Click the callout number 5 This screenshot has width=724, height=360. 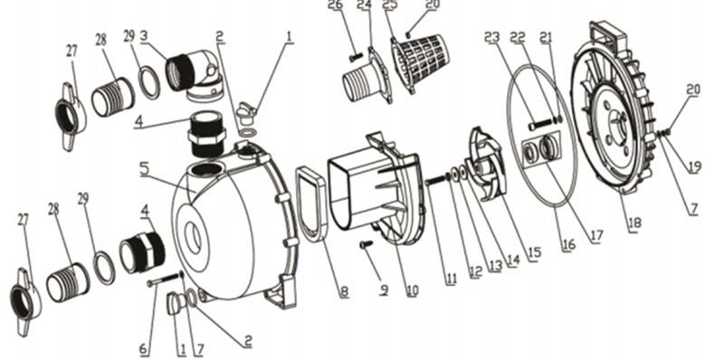point(145,169)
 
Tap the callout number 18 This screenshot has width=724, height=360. point(634,223)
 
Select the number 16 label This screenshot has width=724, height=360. point(568,244)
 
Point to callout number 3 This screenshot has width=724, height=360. point(144,36)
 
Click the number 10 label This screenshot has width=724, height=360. point(412,290)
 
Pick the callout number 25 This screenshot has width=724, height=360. point(390,5)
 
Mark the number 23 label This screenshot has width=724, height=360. point(492,37)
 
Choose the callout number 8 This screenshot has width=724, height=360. point(344,292)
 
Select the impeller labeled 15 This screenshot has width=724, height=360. point(486,164)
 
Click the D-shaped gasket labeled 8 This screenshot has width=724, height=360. point(311,204)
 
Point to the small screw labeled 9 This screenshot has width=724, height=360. point(367,244)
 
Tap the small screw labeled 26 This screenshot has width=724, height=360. point(357,58)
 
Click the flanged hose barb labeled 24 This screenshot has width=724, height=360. point(367,76)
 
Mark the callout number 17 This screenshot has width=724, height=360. point(596,236)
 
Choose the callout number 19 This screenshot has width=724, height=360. point(695,166)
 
